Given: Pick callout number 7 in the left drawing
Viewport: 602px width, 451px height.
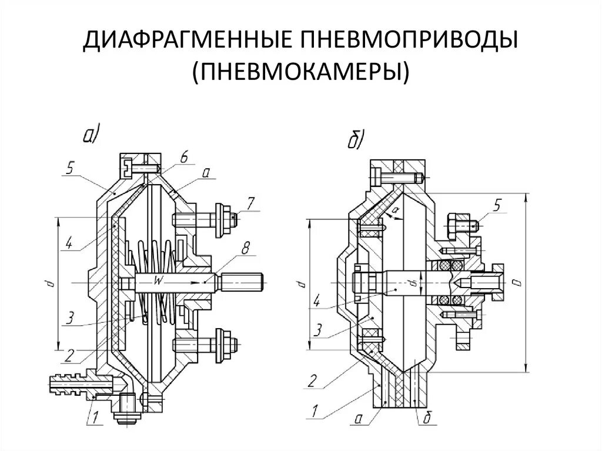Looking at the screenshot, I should pos(250,204).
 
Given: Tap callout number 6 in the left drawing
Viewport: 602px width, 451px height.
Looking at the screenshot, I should pos(183,156).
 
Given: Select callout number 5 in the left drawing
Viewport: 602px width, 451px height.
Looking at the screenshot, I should pos(69,169).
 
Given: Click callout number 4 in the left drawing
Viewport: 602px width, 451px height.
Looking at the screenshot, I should pos(69,243).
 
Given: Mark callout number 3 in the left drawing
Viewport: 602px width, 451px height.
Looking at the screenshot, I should pos(69,318).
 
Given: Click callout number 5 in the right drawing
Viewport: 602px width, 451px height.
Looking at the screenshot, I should pos(497,204).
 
